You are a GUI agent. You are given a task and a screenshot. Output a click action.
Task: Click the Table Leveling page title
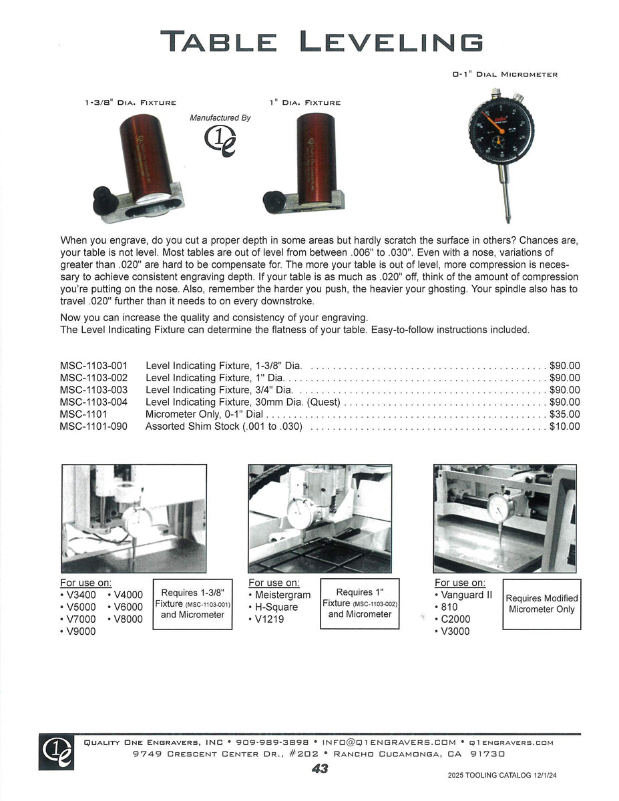click(x=321, y=41)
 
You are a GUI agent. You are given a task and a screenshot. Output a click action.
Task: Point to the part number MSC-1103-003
click(x=93, y=390)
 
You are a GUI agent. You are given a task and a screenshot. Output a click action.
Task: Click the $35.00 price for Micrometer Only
click(x=564, y=414)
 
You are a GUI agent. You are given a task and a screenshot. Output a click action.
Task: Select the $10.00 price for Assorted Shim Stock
click(x=564, y=426)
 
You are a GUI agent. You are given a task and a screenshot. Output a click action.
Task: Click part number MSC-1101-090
click(x=93, y=426)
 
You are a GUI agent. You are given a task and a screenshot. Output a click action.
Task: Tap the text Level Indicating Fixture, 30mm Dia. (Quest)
click(x=243, y=402)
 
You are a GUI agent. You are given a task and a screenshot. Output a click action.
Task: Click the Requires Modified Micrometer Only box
click(x=542, y=604)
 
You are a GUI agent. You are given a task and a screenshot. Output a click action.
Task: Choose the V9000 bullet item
click(x=78, y=631)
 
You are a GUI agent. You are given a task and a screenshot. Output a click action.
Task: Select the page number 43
click(x=320, y=768)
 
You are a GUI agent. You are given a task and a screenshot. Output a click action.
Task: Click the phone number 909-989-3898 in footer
click(x=272, y=742)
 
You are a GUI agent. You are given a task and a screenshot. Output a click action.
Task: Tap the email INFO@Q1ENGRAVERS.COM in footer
click(x=389, y=742)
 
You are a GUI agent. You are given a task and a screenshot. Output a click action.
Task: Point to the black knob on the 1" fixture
click(x=273, y=199)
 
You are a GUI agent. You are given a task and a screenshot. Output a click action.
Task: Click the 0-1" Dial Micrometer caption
click(x=505, y=75)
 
